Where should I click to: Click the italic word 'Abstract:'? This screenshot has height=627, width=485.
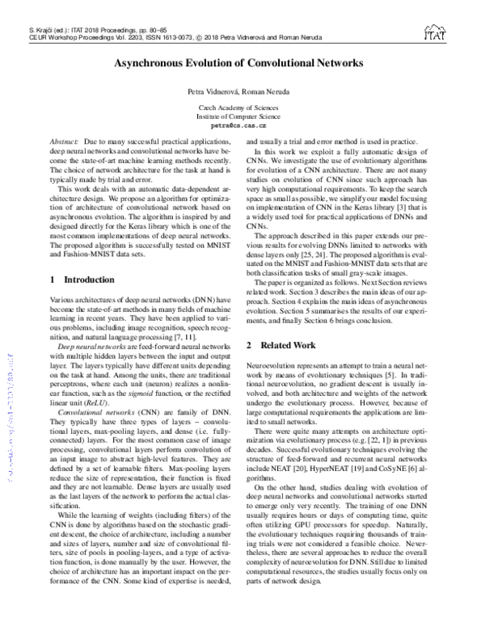64,141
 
